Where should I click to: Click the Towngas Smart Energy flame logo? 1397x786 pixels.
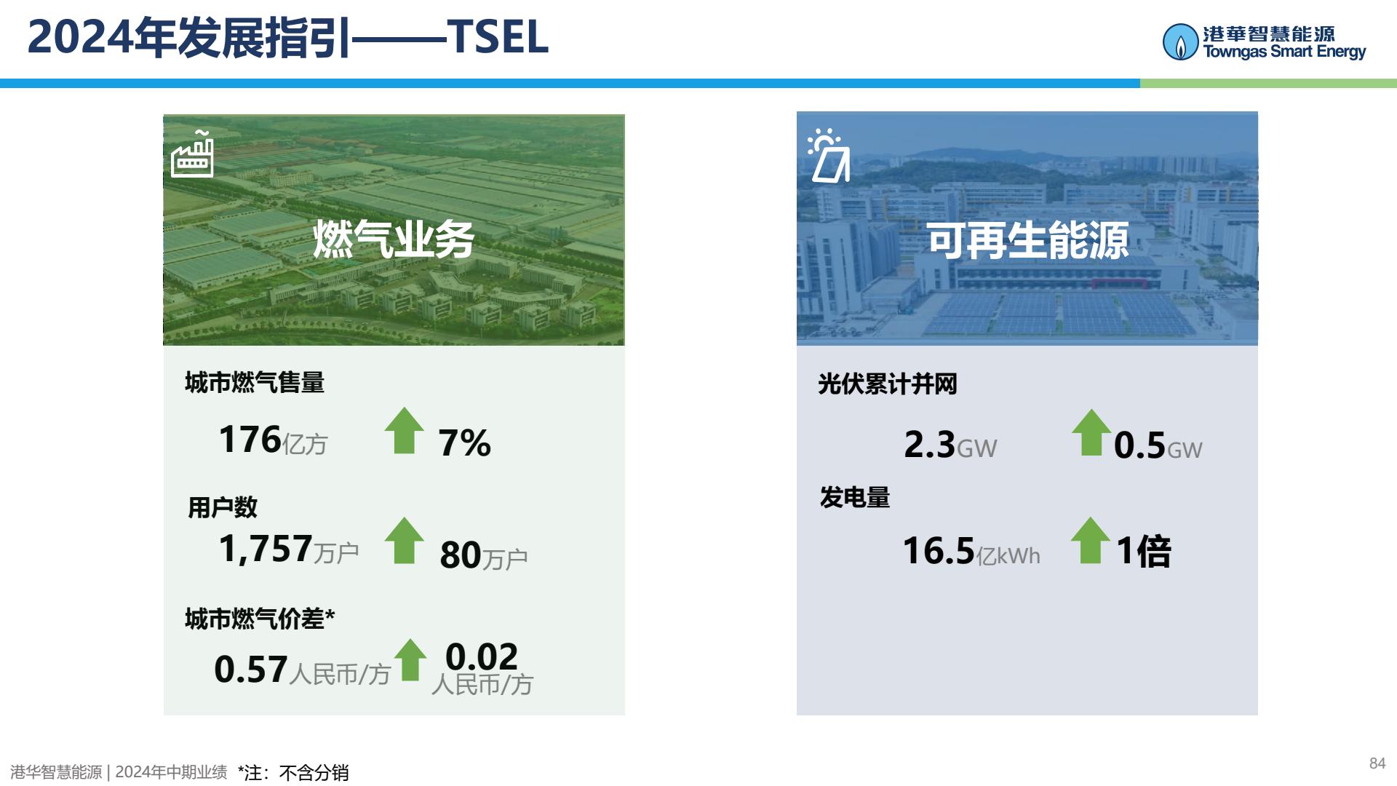(1180, 41)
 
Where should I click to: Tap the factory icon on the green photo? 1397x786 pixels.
(192, 154)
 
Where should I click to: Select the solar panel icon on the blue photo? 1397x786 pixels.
(828, 156)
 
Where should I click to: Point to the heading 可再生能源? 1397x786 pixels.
(1027, 241)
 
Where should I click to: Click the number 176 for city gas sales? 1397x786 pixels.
(250, 440)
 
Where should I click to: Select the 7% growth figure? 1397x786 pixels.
(465, 442)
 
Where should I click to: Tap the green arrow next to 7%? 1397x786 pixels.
(405, 430)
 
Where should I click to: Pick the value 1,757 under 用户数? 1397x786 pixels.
(266, 549)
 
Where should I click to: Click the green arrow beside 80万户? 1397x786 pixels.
(405, 540)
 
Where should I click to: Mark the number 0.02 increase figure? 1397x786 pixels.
(482, 656)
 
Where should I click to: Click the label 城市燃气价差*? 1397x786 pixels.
(260, 619)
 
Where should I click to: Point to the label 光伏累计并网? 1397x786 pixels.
(888, 384)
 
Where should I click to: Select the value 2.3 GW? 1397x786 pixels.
(950, 445)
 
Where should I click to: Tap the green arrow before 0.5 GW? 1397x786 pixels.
(1091, 432)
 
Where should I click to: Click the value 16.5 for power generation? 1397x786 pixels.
(939, 551)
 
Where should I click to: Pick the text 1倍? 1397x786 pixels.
(1144, 551)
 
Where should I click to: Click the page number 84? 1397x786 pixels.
(1377, 763)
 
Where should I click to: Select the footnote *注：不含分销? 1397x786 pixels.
(293, 772)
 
